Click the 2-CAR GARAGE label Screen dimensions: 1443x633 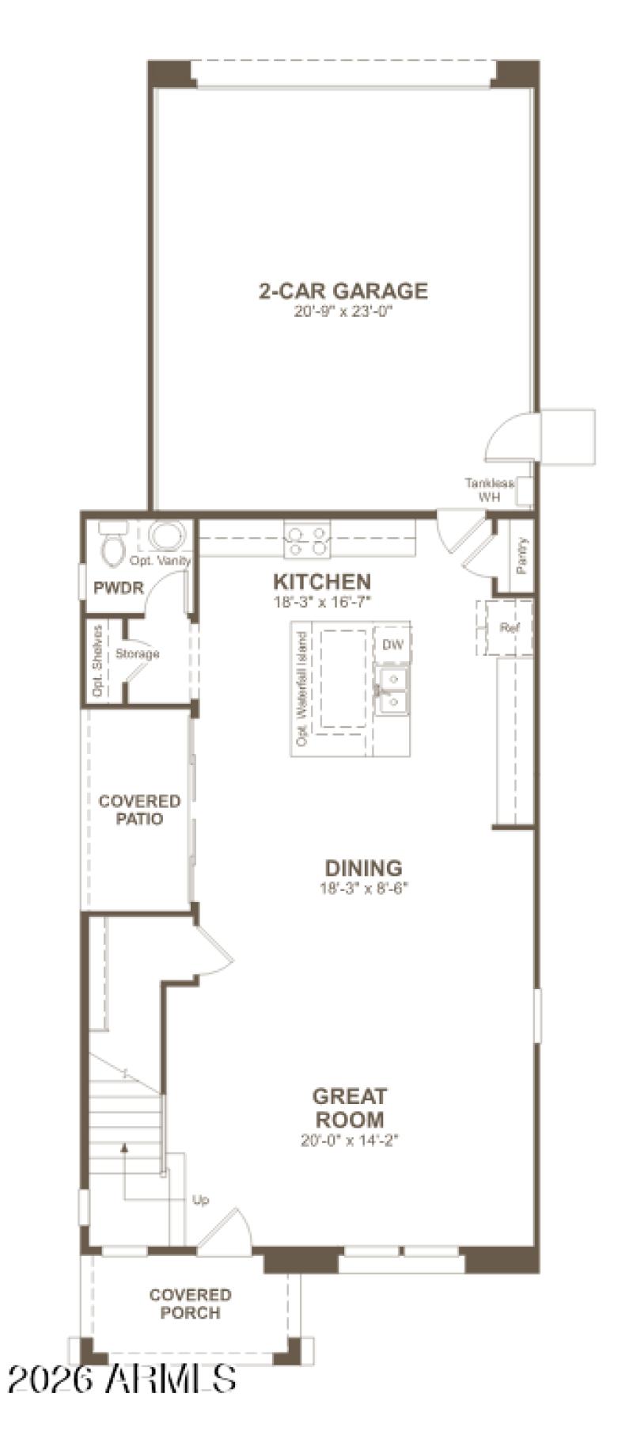[x=343, y=291]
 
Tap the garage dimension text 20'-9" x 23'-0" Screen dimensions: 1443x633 [x=343, y=312]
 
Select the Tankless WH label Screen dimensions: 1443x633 [x=489, y=490]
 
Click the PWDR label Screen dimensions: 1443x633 [x=118, y=588]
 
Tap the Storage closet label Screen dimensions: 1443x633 [x=138, y=653]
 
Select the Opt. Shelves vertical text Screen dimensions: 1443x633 [x=98, y=661]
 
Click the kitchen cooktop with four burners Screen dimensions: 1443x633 [x=307, y=539]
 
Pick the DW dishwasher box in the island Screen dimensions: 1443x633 [x=392, y=645]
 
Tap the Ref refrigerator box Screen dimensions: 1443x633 [x=509, y=628]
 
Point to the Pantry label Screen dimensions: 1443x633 [x=521, y=556]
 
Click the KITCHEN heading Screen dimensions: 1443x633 [x=321, y=582]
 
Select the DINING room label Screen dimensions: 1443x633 [x=364, y=867]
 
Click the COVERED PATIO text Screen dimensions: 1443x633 [x=140, y=809]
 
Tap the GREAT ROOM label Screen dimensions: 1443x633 [x=349, y=1107]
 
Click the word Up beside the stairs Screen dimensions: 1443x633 [x=201, y=1200]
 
